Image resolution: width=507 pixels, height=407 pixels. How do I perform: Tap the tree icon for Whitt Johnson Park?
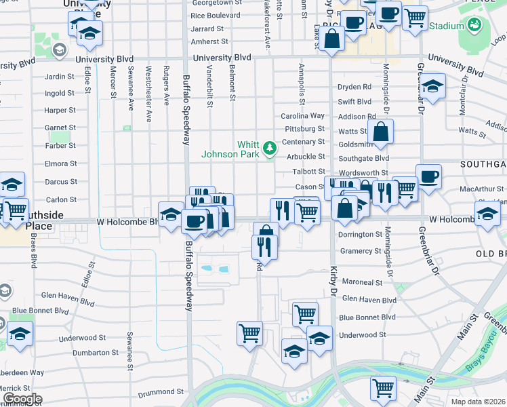tap(270, 147)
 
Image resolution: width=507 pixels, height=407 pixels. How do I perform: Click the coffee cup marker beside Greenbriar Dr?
tap(428, 178)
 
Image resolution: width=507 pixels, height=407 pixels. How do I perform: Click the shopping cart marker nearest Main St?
tap(383, 389)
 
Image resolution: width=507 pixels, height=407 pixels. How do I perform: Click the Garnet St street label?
tap(60, 128)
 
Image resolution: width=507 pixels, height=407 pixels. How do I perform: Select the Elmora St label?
tap(60, 164)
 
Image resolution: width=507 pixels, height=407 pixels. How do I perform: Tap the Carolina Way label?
tap(303, 116)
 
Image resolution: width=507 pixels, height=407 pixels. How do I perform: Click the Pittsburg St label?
tap(304, 128)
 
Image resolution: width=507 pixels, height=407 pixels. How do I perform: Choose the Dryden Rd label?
tap(354, 87)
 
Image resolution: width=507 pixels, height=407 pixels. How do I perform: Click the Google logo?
tap(22, 399)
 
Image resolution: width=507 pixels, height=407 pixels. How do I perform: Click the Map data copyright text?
tap(478, 402)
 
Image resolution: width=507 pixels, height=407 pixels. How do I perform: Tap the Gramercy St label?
tap(360, 251)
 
